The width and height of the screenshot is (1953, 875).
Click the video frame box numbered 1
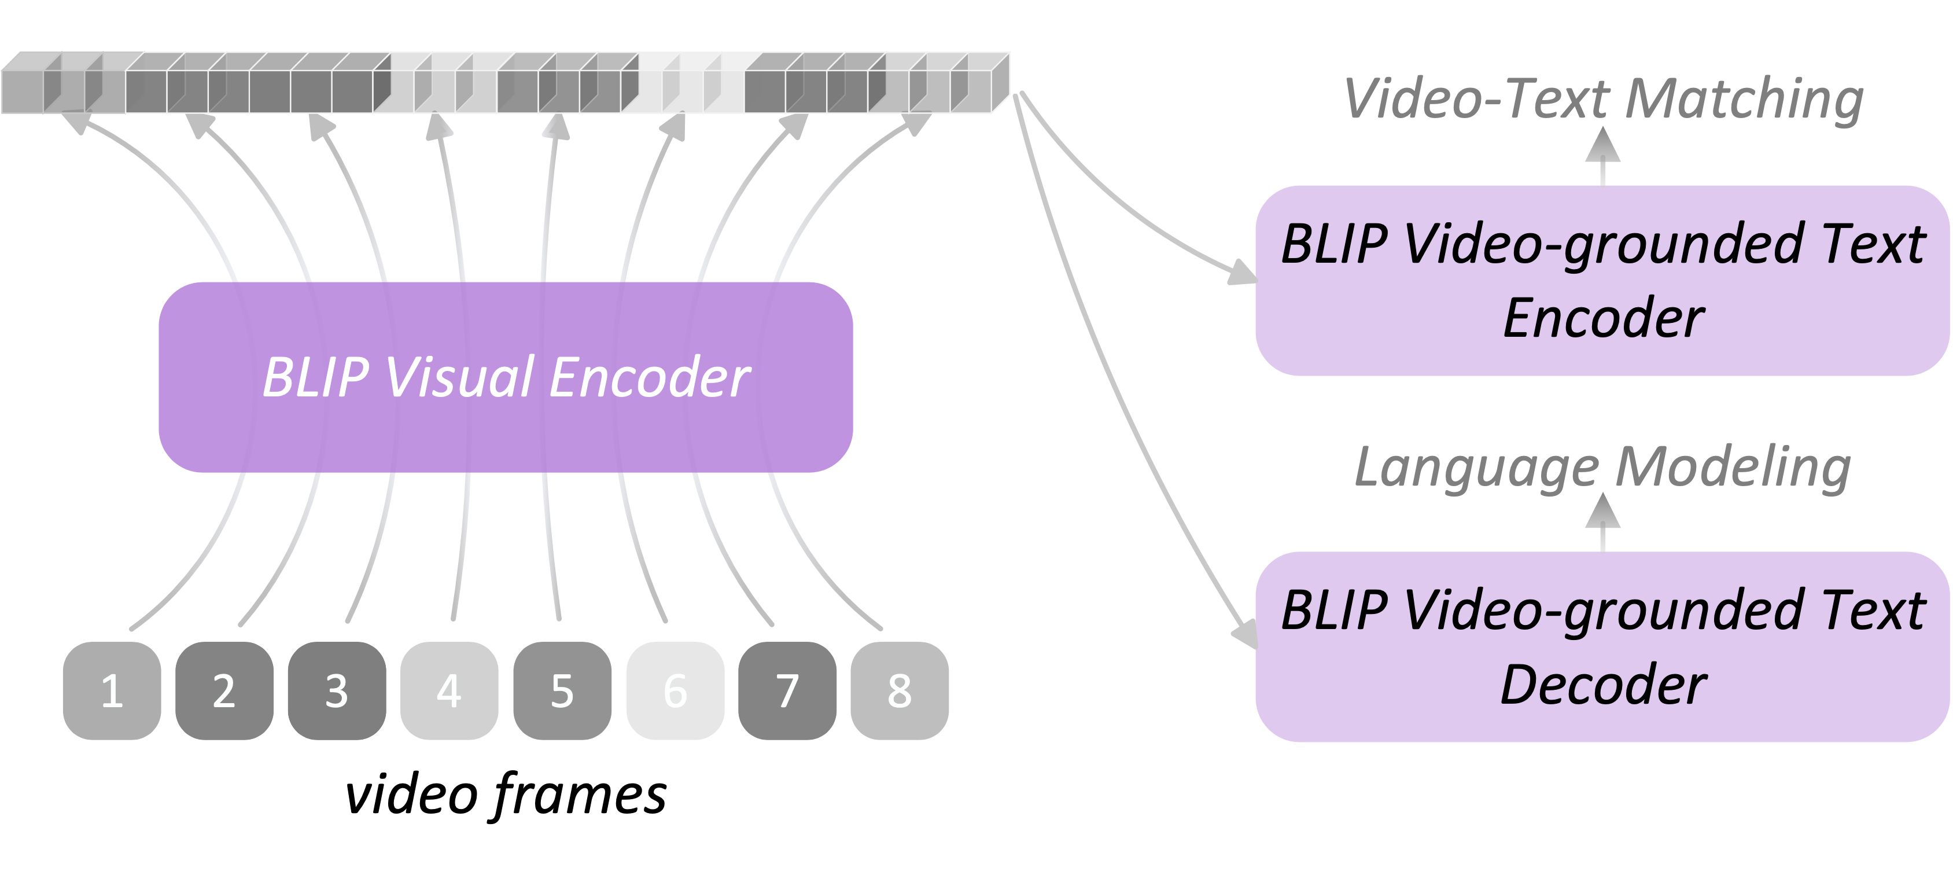click(112, 690)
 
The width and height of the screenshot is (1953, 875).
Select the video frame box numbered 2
click(224, 690)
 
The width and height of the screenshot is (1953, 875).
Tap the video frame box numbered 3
click(337, 690)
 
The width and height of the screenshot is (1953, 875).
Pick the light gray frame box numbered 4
click(449, 690)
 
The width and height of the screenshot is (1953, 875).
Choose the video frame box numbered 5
click(562, 690)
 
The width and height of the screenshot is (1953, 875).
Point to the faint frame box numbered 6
click(675, 690)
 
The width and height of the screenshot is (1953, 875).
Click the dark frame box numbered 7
click(787, 690)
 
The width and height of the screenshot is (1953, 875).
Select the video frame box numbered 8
click(899, 690)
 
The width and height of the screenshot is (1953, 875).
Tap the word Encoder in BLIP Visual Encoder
click(650, 377)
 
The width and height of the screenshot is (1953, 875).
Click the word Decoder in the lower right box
click(1603, 685)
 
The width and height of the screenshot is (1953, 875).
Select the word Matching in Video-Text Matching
click(1744, 100)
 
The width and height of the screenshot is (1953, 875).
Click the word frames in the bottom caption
click(580, 795)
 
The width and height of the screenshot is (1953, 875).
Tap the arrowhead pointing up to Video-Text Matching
click(1603, 146)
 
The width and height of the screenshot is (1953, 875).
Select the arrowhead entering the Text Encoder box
click(1242, 273)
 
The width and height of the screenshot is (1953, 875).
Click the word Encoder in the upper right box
click(1603, 318)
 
